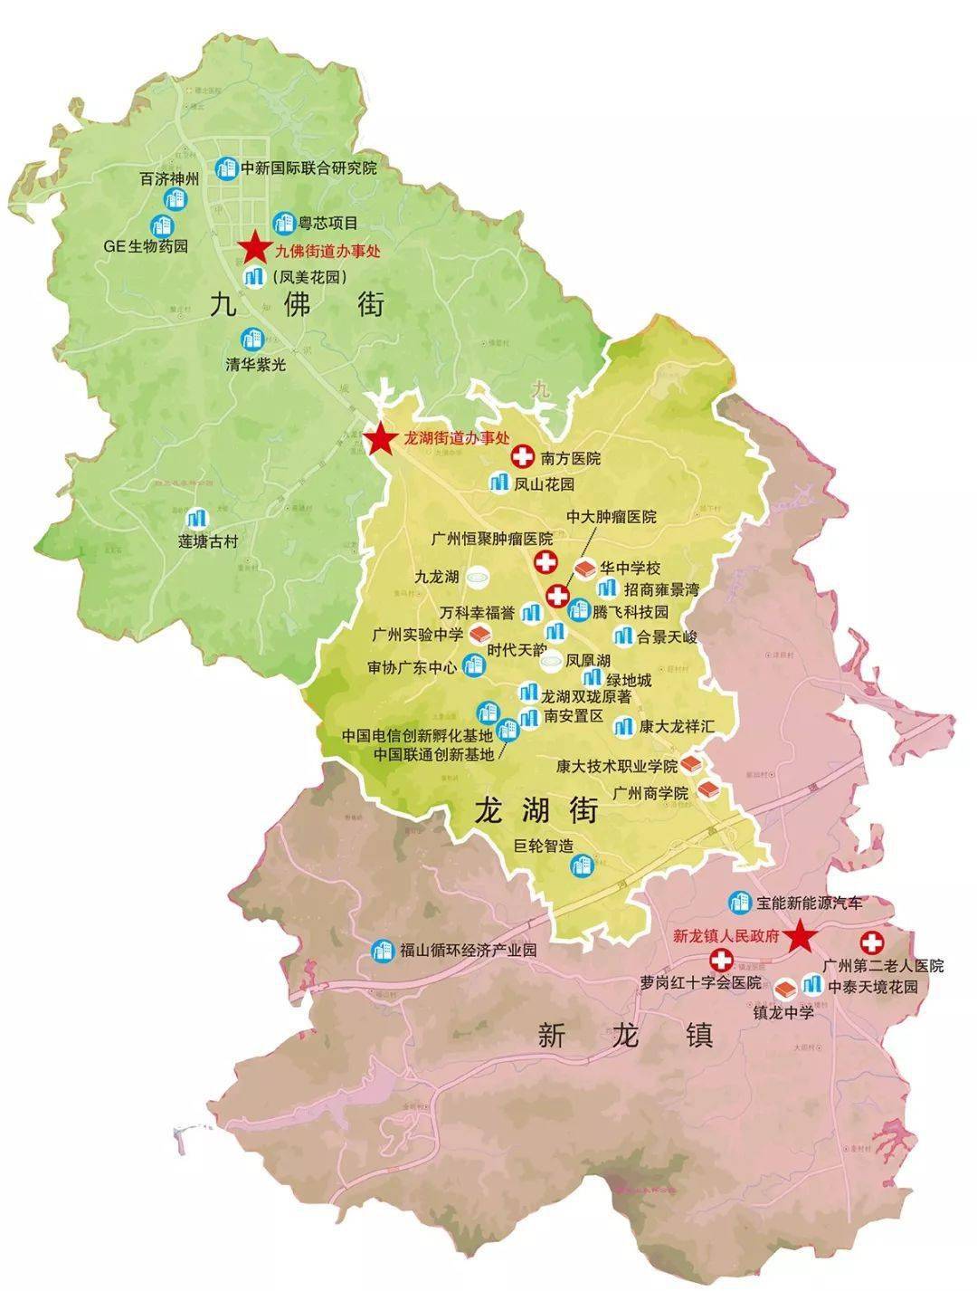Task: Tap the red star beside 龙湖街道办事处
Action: (380, 440)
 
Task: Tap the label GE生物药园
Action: (146, 245)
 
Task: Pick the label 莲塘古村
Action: (207, 542)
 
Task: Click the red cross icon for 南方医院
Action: (522, 457)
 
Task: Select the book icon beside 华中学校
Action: (586, 569)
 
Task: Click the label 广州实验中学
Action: (417, 634)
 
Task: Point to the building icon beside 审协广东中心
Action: (472, 666)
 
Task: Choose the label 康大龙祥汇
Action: (677, 726)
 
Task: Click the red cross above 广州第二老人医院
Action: (874, 942)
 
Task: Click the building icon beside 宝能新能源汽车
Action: (740, 902)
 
